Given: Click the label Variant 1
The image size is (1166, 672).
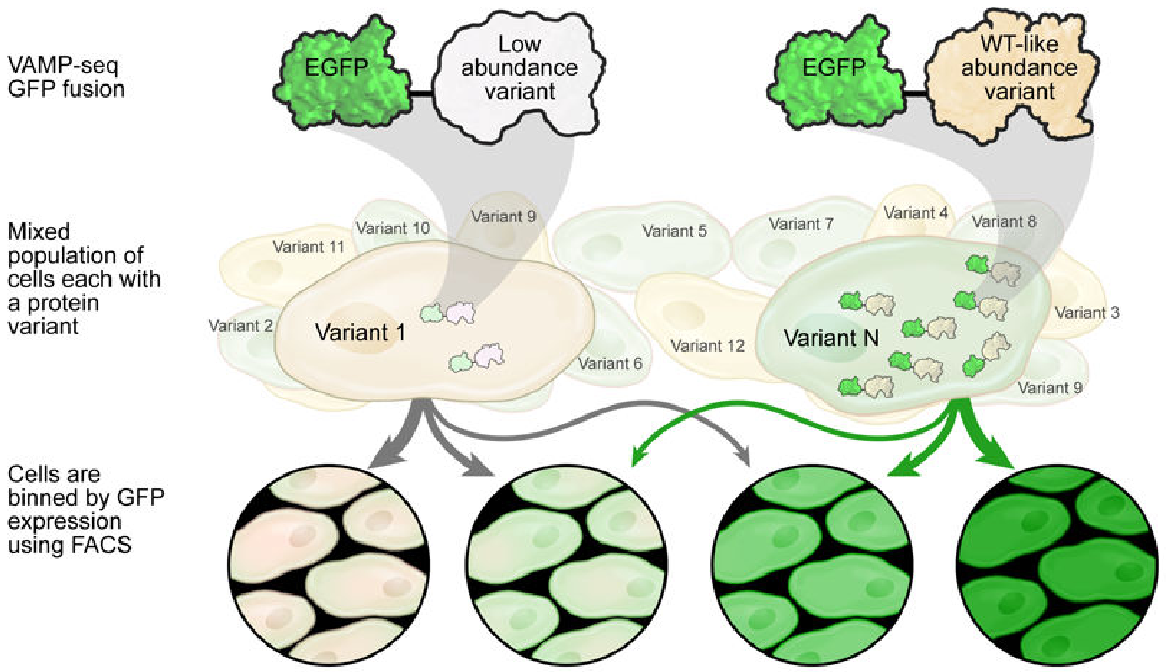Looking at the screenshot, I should (x=360, y=333).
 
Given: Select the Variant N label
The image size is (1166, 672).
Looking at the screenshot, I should (x=831, y=338).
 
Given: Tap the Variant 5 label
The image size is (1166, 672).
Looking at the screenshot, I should (x=675, y=231).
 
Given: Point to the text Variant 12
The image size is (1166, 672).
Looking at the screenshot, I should (x=707, y=346).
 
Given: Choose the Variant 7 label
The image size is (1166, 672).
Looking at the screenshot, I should (x=801, y=224).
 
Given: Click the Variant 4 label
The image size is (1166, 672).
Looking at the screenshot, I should (x=915, y=213).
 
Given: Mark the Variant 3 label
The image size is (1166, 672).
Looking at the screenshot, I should (x=1086, y=313).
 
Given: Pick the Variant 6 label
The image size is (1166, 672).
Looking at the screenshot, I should (x=610, y=364).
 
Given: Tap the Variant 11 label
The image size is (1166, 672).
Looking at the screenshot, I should (x=308, y=247).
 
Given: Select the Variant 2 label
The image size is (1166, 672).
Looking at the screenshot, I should (x=240, y=325).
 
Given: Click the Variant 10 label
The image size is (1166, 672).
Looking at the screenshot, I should (x=393, y=228).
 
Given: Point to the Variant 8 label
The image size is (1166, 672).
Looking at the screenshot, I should (x=1004, y=221).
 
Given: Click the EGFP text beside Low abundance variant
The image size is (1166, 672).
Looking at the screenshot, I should (x=336, y=67).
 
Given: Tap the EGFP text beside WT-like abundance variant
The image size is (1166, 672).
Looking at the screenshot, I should (x=833, y=67).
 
